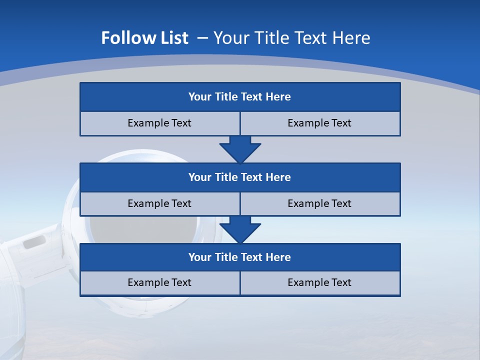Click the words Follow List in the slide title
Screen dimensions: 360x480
coord(144,38)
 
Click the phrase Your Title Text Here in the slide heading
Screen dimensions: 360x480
coord(292,38)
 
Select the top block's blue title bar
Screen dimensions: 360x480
coord(240,97)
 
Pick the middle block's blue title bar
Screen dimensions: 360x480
coord(240,177)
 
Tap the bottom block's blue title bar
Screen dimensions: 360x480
coord(240,257)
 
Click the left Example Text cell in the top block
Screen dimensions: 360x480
coord(159,123)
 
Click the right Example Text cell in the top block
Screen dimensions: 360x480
coord(319,123)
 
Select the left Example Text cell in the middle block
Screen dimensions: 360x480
coord(159,203)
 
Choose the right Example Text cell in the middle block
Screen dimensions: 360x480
coord(319,203)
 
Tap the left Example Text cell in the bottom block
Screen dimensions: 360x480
coord(159,282)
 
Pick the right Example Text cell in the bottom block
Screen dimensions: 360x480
coord(319,282)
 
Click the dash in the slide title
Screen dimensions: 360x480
coord(202,38)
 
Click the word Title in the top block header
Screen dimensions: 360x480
coord(226,97)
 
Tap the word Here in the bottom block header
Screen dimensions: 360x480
coord(278,257)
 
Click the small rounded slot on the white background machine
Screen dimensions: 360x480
coord(34,243)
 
